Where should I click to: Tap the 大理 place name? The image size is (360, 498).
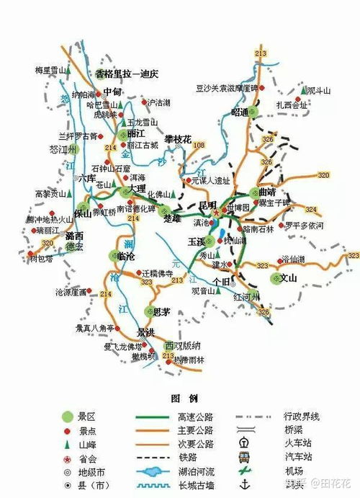pos(137,188)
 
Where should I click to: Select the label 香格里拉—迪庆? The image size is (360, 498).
pos(127,74)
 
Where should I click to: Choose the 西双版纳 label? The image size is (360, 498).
pos(180,344)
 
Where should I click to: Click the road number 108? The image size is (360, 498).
pos(199,146)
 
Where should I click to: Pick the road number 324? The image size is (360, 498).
pos(310,210)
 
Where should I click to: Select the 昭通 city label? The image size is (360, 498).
pos(240,112)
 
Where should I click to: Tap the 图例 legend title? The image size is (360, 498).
pos(179,398)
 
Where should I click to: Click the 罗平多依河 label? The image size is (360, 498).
pos(304,226)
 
